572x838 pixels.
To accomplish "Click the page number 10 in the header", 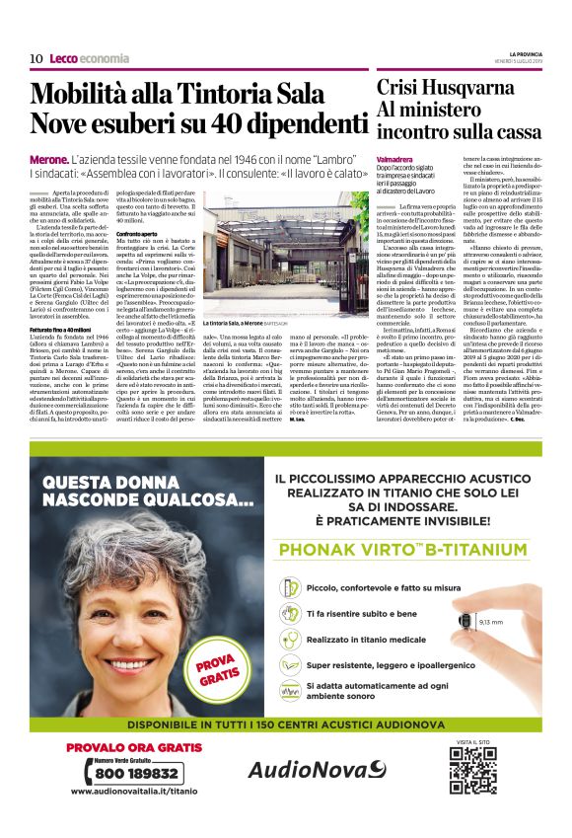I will tap(36, 58).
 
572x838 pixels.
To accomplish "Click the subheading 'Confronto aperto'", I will tap(136, 204).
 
